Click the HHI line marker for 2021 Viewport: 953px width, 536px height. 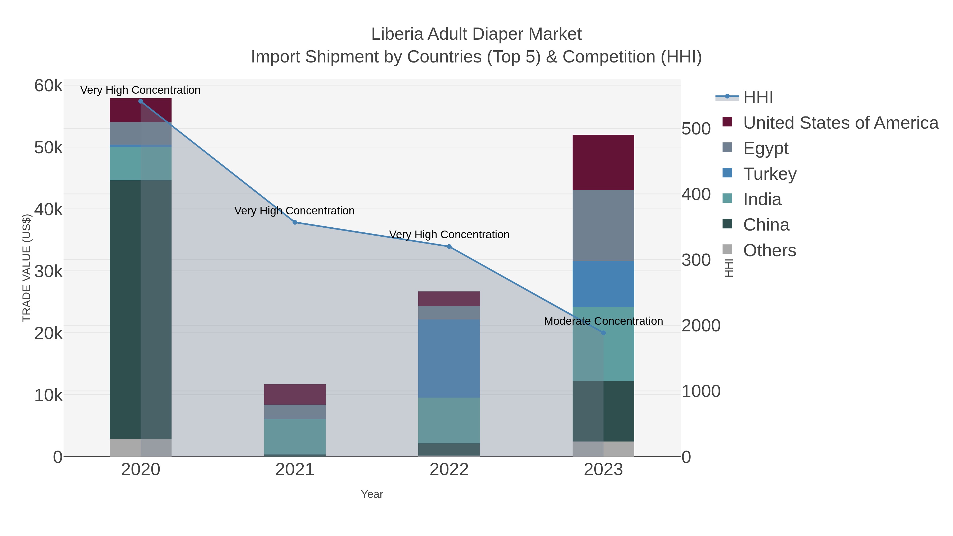pyautogui.click(x=295, y=222)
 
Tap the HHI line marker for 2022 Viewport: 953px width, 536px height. pyautogui.click(x=449, y=246)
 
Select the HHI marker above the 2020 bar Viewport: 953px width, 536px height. pyautogui.click(x=141, y=101)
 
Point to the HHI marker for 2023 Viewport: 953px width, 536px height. pyautogui.click(x=603, y=333)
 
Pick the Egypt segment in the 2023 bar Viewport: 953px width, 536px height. pyautogui.click(x=603, y=225)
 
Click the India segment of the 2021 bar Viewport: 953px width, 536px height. pyautogui.click(x=295, y=436)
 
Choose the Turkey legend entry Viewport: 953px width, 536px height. pyautogui.click(x=770, y=174)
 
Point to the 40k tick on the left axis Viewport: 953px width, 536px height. pyautogui.click(x=48, y=210)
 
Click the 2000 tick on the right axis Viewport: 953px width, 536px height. pyautogui.click(x=701, y=326)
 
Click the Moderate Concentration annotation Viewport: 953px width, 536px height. pyautogui.click(x=603, y=321)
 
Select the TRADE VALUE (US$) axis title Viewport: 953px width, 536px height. pyautogui.click(x=27, y=268)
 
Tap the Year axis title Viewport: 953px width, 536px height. pyautogui.click(x=372, y=494)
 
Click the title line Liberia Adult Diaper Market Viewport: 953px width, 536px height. pyautogui.click(x=476, y=34)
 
